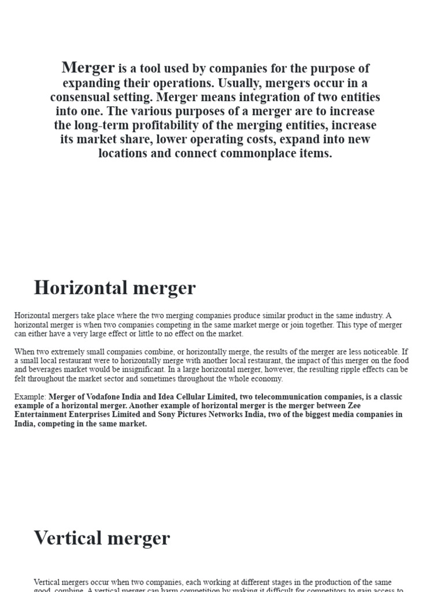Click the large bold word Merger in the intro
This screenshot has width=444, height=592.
[88, 68]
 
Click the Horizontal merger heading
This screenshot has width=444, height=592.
[114, 287]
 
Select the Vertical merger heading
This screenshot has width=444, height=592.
[102, 538]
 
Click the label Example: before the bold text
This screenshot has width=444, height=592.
[30, 397]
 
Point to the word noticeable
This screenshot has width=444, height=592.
[376, 351]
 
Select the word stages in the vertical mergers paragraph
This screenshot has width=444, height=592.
[244, 582]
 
